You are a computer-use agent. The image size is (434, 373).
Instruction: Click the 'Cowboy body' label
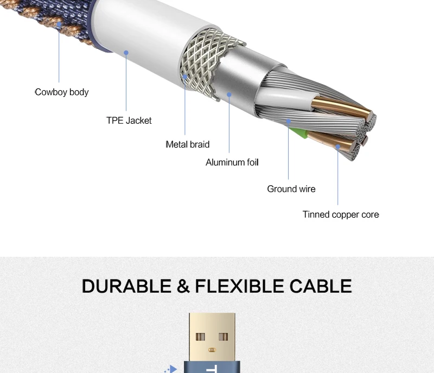pos(62,92)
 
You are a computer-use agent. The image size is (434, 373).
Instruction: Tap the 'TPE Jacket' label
pos(129,121)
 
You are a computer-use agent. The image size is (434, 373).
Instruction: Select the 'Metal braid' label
pos(187,144)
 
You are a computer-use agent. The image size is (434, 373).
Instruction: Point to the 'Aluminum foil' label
pos(232,162)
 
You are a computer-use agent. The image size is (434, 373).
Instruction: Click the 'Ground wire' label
pos(291,189)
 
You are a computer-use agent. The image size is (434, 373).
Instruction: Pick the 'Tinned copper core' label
pos(341,214)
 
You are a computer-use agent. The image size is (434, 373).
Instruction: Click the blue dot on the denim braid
pos(59,24)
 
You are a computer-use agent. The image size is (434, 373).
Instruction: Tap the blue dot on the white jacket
pos(126,52)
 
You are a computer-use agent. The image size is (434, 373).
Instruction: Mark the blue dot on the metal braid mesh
pos(185,77)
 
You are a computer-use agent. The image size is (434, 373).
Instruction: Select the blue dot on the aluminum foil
pos(229,94)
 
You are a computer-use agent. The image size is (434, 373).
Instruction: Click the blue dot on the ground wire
pos(289,121)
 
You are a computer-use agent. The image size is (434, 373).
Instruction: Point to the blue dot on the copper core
pos(337,147)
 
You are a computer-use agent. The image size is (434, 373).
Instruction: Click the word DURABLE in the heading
pos(126,286)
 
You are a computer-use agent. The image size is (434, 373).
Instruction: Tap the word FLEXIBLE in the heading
pos(240,286)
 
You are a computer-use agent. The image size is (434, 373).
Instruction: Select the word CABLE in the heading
pos(321,286)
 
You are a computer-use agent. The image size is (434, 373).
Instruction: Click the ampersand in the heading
pos(183,286)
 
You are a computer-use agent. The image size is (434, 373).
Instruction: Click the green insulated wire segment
pos(301,134)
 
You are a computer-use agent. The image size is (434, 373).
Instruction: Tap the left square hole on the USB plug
pos(200,337)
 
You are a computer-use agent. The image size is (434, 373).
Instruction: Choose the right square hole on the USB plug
pos(224,337)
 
